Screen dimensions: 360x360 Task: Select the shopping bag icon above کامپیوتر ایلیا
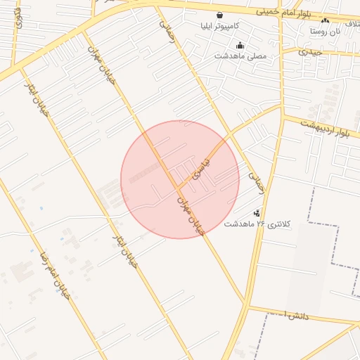(x=220, y=15)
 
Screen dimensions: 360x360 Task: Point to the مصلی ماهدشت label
(x=240, y=56)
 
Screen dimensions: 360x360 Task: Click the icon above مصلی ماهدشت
(x=240, y=45)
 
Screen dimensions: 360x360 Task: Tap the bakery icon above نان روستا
(x=325, y=21)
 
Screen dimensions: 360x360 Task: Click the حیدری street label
(x=310, y=51)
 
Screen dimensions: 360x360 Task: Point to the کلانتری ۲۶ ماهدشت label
(x=256, y=224)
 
